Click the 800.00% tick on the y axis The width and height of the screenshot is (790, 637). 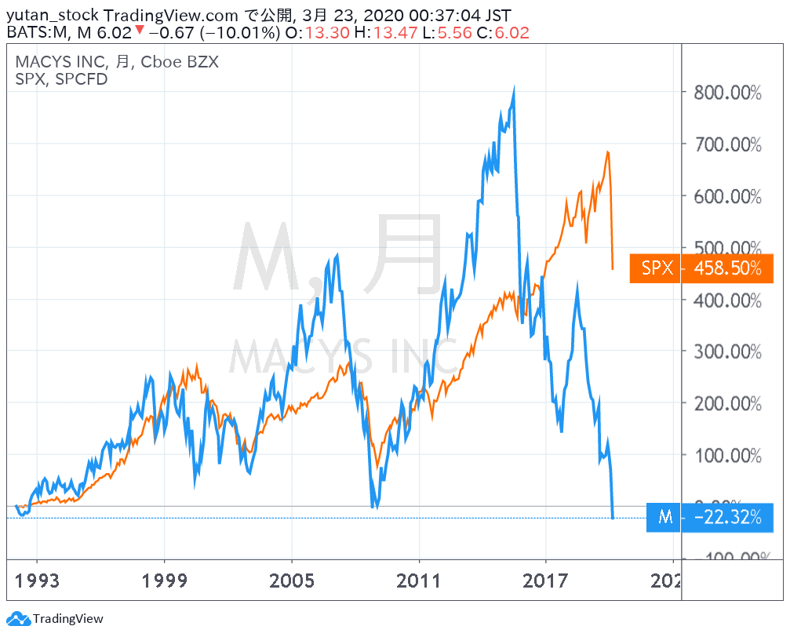tap(726, 93)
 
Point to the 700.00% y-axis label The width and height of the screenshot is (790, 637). tap(726, 144)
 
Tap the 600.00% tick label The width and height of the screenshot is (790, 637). tap(726, 196)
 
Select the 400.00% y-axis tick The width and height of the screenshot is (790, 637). tap(726, 300)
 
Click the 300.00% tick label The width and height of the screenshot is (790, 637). tap(726, 351)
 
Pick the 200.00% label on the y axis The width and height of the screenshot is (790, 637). tap(726, 403)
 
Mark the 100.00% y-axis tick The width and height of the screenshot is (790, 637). tap(726, 455)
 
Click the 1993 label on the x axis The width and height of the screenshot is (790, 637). tap(38, 581)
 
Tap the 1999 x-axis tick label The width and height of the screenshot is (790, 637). tap(165, 581)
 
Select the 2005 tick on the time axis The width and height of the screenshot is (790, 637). tap(292, 581)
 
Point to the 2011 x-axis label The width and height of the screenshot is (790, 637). tap(419, 581)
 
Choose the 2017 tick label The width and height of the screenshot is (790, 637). tap(546, 581)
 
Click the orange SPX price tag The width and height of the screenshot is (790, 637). tap(657, 268)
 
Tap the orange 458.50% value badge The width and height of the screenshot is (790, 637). tap(727, 268)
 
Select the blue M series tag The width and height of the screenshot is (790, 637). tap(665, 517)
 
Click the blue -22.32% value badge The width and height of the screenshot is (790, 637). tap(727, 517)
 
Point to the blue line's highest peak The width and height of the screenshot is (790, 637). tap(514, 89)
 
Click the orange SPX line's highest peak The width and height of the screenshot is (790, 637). tap(608, 151)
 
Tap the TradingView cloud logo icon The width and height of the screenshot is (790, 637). tap(19, 619)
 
